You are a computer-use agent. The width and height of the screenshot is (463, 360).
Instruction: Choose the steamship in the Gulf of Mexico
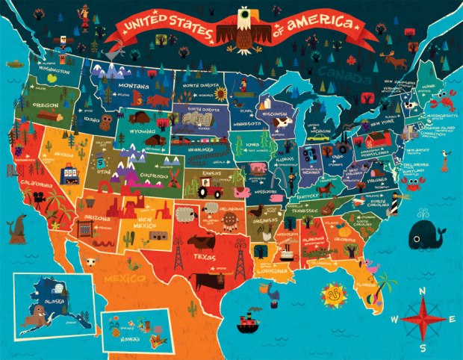[x=246, y=323]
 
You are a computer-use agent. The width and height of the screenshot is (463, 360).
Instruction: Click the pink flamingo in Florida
[x=367, y=264]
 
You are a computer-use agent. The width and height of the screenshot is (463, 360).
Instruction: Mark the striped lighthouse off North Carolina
[x=393, y=196]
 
